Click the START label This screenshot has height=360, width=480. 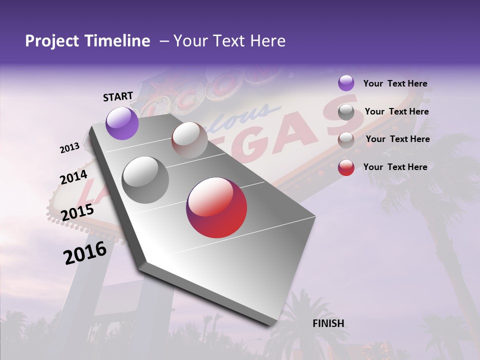pos(118,96)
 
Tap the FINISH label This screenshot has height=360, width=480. pos(328,323)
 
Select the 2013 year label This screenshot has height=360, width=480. pos(69,148)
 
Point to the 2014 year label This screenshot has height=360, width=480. pos(73,177)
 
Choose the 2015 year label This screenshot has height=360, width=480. pos(77,212)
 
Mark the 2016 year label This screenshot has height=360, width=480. pos(85,253)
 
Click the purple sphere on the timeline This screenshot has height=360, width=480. pos(122,123)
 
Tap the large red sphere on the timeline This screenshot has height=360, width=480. pos(216,207)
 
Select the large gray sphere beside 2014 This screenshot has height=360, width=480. pos(145,180)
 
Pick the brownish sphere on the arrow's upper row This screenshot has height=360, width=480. pos(189,140)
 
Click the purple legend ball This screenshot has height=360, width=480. pos(346,83)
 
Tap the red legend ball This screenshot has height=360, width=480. pos(346,167)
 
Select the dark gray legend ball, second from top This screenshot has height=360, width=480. pos(346,112)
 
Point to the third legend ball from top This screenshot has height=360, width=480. pos(346,140)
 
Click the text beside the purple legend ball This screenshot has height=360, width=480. pos(395,83)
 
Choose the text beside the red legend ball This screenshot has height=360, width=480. pos(395,167)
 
